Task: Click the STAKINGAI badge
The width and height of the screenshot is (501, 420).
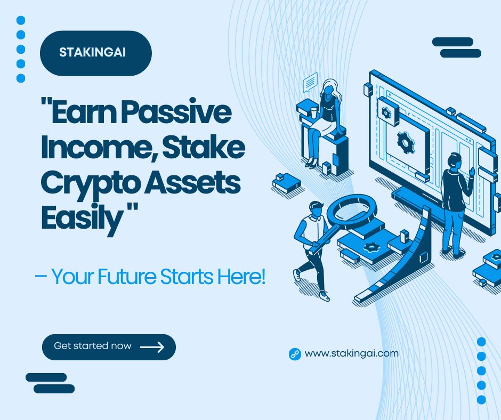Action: pos(95,53)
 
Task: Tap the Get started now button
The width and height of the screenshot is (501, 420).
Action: pos(109,347)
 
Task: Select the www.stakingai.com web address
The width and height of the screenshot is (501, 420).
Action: pos(352,353)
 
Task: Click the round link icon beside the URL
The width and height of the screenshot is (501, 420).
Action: pos(295,353)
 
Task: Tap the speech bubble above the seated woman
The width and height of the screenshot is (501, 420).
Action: pos(310,83)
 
